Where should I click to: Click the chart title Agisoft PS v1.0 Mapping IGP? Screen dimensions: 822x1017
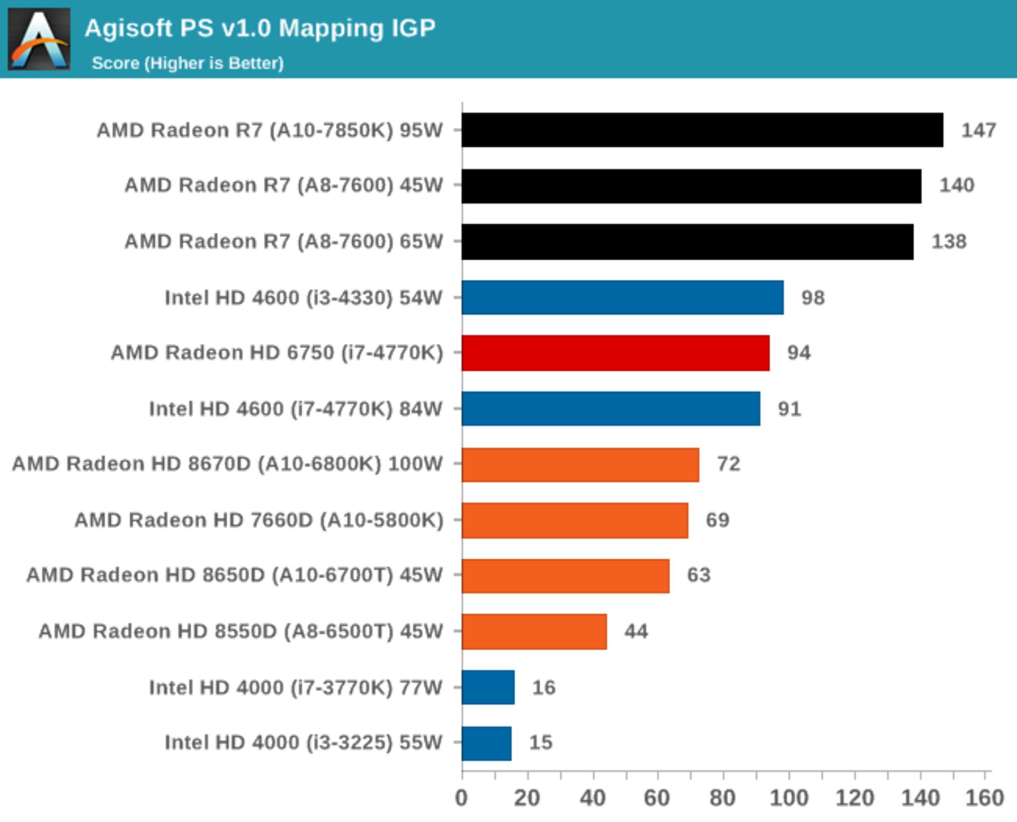(260, 28)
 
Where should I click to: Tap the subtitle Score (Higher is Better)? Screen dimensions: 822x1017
(188, 64)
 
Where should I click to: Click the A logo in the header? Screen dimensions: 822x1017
(39, 39)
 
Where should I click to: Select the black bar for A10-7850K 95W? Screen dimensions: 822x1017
(702, 130)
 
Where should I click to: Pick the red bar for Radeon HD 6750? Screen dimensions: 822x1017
(615, 353)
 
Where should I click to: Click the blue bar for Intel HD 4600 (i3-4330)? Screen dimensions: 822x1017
(622, 297)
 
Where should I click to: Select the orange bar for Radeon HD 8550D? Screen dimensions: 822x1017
(534, 631)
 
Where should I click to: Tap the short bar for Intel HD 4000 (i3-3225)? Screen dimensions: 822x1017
(486, 743)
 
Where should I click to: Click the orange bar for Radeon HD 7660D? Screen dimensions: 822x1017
(575, 520)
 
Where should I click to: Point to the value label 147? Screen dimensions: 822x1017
(978, 130)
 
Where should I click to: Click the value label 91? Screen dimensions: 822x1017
(789, 409)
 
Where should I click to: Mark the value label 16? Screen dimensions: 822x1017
(543, 687)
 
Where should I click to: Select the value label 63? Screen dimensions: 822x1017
(698, 575)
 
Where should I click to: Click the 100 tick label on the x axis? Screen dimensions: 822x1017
(789, 798)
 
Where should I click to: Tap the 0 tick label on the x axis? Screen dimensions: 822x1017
(461, 798)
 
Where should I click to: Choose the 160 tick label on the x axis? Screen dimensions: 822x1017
(984, 798)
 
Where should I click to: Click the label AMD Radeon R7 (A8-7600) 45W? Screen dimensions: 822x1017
(283, 185)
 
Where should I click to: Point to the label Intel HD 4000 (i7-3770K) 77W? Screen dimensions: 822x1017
(296, 687)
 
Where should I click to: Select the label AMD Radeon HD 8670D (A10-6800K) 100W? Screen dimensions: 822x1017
(227, 464)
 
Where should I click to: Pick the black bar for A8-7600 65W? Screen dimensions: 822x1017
(688, 242)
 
